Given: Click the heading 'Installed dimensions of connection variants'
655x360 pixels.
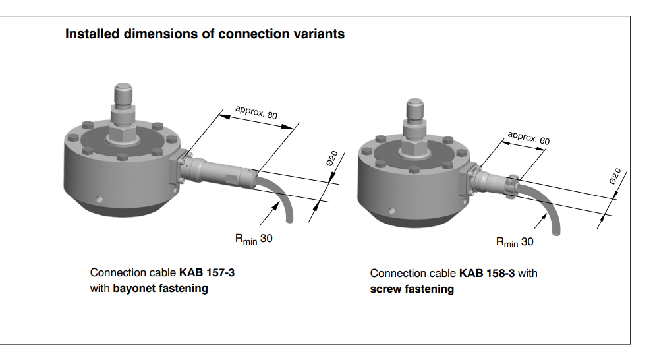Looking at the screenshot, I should coord(204,34).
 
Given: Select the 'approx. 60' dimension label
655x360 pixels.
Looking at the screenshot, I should coord(528,138).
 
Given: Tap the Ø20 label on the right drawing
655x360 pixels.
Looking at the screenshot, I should coord(614,176).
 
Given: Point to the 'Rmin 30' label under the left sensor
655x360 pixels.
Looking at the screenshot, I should coord(254,239).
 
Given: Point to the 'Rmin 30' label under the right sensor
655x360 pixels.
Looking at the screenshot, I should coord(515,242).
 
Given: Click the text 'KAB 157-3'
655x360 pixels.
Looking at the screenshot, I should coord(207,272).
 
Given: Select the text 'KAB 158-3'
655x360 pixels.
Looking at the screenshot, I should coord(487,273).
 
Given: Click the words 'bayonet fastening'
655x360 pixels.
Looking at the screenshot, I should coord(160,288).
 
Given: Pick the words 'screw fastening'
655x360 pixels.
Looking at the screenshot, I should coord(412,289).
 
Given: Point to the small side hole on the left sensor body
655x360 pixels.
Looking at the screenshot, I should coord(98,199).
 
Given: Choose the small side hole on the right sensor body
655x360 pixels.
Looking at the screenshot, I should coord(391,211).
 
